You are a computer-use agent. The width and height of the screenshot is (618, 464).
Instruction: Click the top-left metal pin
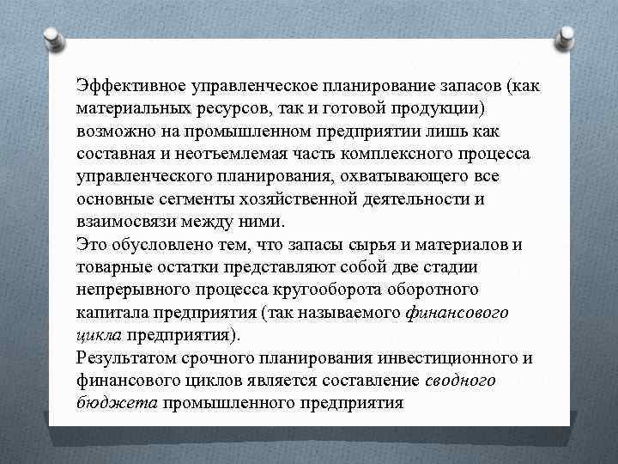(x=51, y=37)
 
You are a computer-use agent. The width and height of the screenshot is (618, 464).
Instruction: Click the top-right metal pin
(x=567, y=37)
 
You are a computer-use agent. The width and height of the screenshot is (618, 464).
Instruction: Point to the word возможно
(x=110, y=131)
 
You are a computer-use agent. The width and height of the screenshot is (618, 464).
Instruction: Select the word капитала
(x=106, y=311)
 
